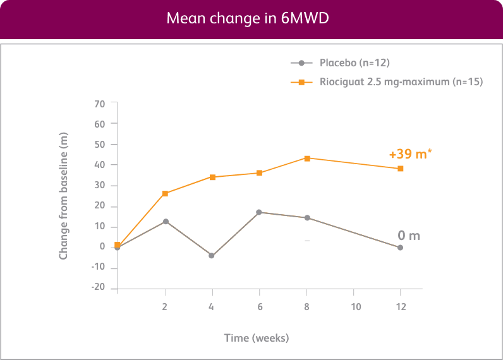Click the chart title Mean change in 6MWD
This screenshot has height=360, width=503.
coord(247,18)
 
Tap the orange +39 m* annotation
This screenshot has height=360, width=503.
coord(410,155)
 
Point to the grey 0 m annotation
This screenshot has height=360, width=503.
coord(409,236)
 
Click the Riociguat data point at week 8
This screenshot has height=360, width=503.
coord(307,158)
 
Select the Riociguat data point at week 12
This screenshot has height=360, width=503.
coord(401,169)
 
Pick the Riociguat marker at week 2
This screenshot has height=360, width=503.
coord(165,193)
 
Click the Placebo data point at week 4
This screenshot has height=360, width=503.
coord(212,256)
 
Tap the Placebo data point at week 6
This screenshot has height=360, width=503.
coord(259,212)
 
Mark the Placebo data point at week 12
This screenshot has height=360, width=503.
coord(400,248)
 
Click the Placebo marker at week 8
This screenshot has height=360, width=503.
coord(307,218)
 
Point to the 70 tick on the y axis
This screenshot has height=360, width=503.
coord(99,103)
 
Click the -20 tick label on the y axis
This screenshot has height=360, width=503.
coord(97,288)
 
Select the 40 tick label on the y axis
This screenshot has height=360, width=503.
coord(99,165)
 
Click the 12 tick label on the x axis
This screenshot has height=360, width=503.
coord(401,307)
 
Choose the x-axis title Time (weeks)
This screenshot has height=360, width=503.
coord(257,338)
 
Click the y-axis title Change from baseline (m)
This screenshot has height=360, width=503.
coord(63,196)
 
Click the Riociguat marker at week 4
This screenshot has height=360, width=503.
coord(212,177)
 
